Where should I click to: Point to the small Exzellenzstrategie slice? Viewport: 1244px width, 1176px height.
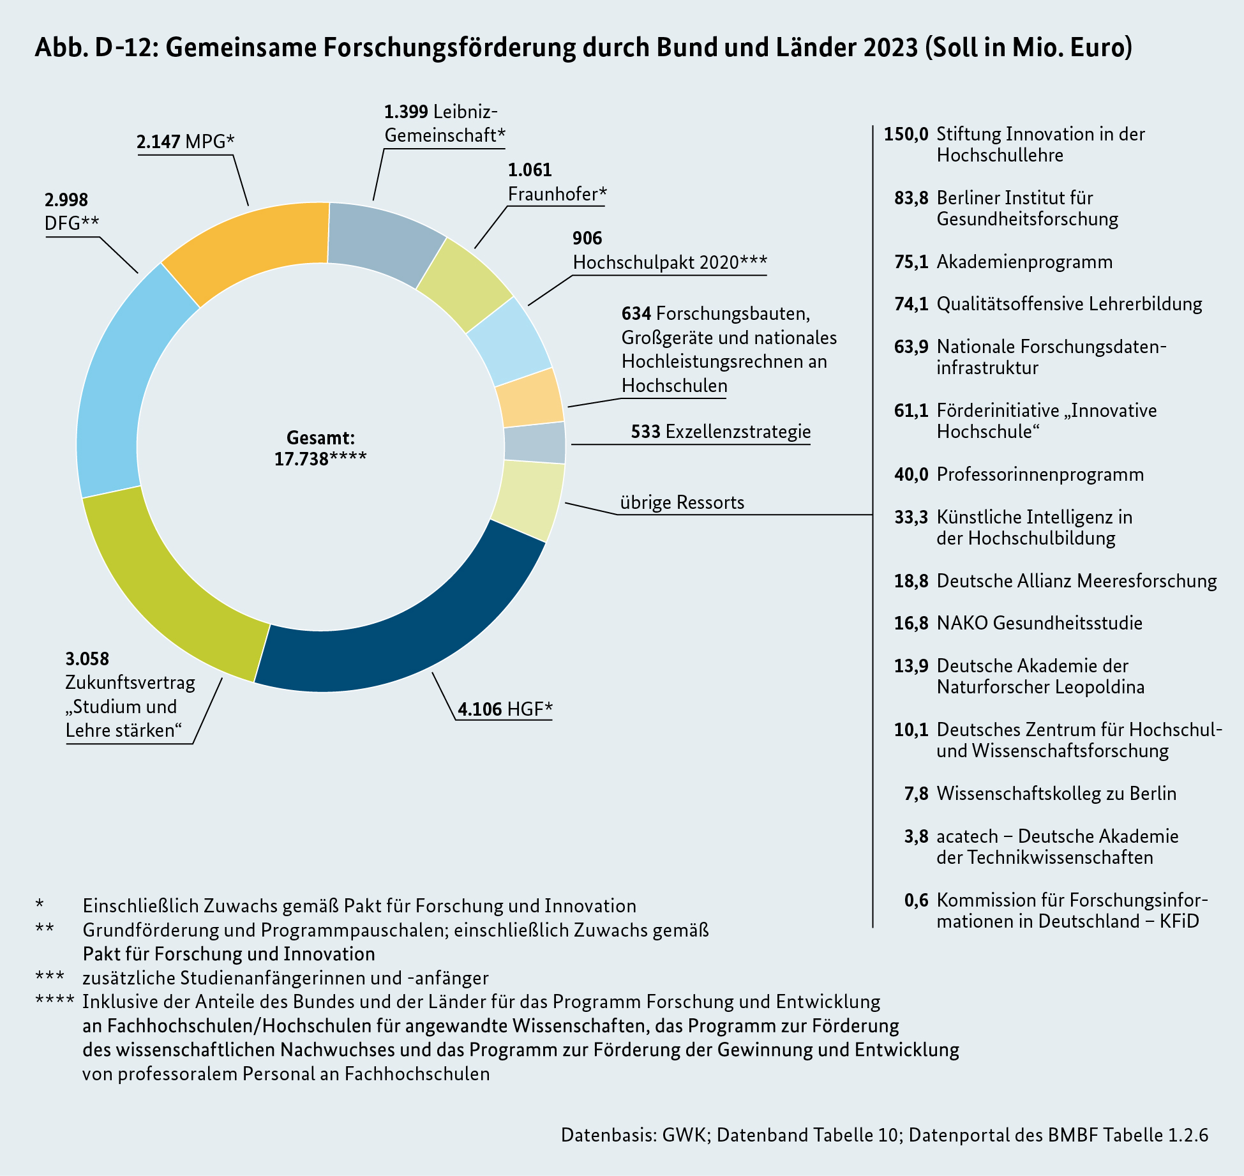(x=535, y=442)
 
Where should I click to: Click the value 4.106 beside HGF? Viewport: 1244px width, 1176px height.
(x=480, y=709)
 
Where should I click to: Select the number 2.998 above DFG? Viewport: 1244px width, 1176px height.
(x=66, y=200)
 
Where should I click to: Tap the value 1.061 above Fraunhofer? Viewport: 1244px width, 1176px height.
(x=530, y=170)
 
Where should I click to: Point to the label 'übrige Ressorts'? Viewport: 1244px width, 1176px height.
(x=682, y=502)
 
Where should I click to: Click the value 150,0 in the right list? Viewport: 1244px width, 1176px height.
(x=906, y=134)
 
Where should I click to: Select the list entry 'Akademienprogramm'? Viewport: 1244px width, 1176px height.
(x=1024, y=262)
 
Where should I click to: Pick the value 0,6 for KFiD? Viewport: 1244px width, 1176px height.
(x=916, y=900)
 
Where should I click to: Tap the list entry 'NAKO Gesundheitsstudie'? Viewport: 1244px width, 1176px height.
(x=1039, y=623)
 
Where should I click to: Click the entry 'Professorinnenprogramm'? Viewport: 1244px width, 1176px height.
(x=1040, y=474)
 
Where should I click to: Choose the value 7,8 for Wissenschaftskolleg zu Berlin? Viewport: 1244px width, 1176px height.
(x=916, y=794)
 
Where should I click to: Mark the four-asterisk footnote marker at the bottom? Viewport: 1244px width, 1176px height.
(x=55, y=1000)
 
